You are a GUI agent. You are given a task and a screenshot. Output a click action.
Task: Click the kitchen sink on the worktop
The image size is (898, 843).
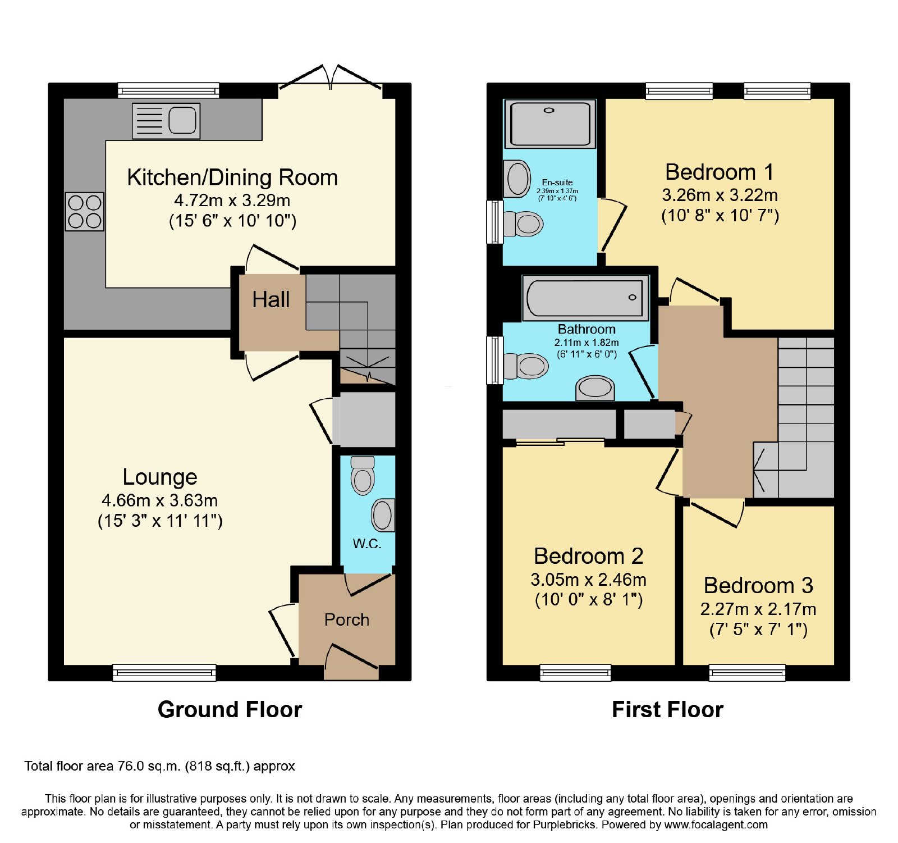166,121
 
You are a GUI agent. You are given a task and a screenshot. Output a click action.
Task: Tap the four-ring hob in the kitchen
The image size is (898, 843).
85,211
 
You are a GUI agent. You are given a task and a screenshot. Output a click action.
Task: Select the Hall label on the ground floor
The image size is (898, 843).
271,299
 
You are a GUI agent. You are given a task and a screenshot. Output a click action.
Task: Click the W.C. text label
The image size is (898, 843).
367,544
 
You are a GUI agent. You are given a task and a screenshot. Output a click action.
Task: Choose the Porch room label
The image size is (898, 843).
347,619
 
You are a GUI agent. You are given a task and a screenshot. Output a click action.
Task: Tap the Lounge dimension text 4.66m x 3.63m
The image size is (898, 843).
160,500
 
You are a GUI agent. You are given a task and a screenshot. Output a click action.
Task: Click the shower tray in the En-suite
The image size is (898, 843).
550,124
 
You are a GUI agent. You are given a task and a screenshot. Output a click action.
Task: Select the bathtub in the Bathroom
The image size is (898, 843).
585,298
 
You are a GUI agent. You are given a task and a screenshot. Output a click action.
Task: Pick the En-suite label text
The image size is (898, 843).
557,183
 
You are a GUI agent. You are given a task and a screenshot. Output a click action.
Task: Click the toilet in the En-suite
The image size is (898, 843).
523,224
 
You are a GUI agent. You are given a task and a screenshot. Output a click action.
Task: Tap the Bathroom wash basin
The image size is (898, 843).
595,388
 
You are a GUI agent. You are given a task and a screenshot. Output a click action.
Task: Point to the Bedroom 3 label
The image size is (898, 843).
759,585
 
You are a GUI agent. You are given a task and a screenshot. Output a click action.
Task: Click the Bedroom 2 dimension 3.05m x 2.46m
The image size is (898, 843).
589,579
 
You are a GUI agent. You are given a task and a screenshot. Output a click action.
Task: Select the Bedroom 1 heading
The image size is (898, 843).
720,172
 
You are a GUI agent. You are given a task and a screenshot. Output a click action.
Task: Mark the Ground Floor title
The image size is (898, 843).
230,709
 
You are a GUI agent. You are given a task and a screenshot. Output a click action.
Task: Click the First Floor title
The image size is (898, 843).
668,709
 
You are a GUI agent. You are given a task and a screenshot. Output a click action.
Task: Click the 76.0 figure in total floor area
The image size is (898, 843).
131,766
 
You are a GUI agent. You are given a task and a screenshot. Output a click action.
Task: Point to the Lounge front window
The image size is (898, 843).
164,672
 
